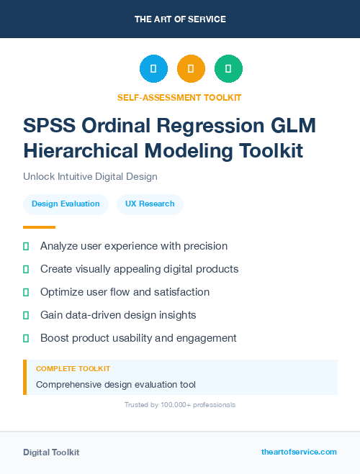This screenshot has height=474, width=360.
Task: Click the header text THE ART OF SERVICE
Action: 180,19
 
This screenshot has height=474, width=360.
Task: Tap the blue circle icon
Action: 153,69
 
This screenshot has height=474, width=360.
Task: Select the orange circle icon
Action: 191,69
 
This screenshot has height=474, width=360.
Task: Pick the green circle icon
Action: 228,69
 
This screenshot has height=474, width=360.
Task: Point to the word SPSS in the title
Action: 49,125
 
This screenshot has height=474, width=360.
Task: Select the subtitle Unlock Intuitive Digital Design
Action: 90,176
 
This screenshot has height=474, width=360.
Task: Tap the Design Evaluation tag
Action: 66,204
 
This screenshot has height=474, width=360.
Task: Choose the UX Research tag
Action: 150,204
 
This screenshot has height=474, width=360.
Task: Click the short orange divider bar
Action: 34,227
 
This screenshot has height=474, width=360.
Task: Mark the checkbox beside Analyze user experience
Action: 26,246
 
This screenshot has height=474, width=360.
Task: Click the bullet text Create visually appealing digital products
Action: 139,269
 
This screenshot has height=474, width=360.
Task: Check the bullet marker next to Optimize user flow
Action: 26,292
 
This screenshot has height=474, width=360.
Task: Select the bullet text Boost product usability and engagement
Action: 138,338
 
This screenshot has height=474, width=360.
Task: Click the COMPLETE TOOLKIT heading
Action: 73,368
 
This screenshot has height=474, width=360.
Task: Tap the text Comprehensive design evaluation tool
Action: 115,385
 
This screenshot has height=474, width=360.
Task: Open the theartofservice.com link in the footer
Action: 299,452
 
